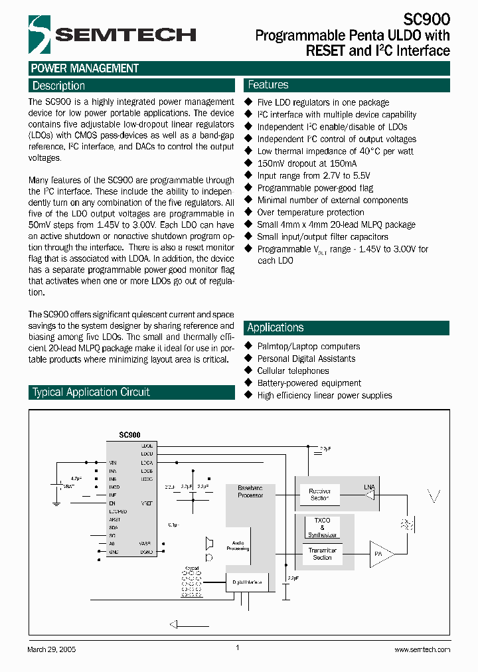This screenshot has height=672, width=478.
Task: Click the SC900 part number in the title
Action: (426, 20)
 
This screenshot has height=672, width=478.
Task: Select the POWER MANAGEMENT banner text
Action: (85, 68)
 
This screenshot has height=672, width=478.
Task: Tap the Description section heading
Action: (59, 86)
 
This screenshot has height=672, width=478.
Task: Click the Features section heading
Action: (268, 85)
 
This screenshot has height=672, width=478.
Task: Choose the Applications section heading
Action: (276, 327)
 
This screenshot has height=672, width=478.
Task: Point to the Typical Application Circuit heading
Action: (92, 392)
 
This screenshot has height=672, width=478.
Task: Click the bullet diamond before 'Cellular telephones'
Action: (249, 371)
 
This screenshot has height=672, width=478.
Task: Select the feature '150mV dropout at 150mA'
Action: (307, 163)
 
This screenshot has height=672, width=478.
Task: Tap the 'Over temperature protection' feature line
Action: (310, 212)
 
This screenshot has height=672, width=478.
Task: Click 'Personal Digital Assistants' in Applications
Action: (306, 359)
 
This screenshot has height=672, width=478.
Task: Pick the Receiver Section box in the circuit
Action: (319, 495)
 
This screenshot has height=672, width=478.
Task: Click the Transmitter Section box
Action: (322, 554)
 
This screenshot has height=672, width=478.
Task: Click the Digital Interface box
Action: (247, 582)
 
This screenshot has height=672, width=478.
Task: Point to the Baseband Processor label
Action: (250, 491)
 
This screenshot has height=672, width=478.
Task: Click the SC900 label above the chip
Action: (129, 434)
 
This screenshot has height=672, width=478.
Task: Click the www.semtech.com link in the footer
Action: (422, 649)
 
